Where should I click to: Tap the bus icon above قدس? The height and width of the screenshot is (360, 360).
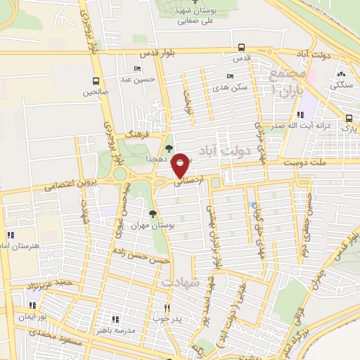pyautogui.click(x=242, y=48)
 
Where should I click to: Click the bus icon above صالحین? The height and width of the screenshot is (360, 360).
pyautogui.click(x=96, y=81)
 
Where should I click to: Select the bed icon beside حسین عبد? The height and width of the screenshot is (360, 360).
pyautogui.click(x=136, y=69)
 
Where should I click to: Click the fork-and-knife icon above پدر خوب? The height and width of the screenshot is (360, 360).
pyautogui.click(x=167, y=307)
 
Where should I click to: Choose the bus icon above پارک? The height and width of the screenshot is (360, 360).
pyautogui.click(x=349, y=118)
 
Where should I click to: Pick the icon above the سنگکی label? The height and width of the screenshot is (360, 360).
pyautogui.click(x=342, y=75)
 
